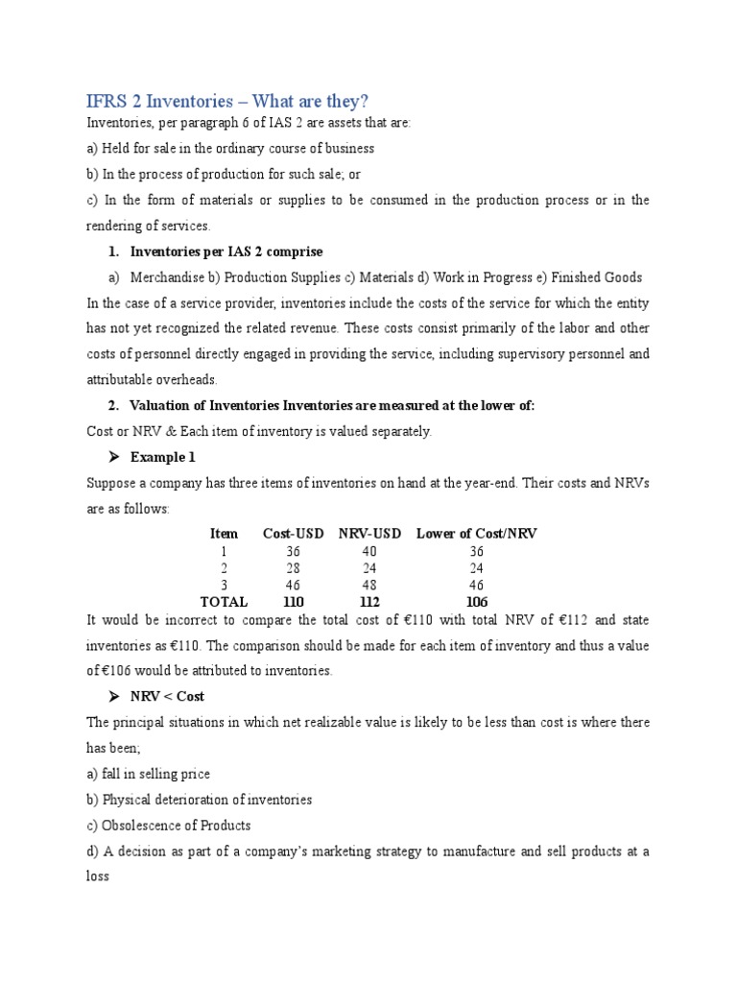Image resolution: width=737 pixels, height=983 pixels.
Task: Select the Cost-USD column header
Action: pos(294,533)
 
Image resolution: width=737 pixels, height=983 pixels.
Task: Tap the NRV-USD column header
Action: pos(370,533)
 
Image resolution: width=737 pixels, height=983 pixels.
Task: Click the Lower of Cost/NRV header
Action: pos(477,533)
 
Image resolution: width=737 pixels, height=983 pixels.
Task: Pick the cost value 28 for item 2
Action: pos(294,567)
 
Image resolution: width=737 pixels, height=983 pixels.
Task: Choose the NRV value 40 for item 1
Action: pos(370,551)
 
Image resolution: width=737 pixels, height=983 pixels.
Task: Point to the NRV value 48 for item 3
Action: pos(370,585)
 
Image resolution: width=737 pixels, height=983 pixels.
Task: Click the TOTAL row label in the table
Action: pos(224,602)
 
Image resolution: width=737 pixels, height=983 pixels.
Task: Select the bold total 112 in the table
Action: pos(370,602)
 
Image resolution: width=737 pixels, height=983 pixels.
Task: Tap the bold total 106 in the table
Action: pos(477,602)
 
